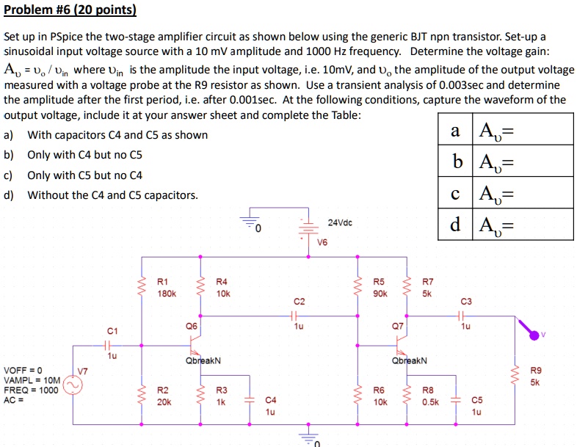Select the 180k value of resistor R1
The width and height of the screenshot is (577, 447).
167,293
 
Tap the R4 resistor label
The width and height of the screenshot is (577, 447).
222,281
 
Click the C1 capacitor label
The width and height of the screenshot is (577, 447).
112,330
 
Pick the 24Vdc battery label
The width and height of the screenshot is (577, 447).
340,222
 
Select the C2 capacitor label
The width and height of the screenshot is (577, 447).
299,301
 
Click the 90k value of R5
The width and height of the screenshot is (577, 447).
379,293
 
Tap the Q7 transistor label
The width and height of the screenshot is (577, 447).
397,324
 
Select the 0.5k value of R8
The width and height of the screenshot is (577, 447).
431,402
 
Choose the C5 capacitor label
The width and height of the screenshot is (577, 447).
477,400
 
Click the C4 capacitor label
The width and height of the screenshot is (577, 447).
271,400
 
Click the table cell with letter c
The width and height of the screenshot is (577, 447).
456,194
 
